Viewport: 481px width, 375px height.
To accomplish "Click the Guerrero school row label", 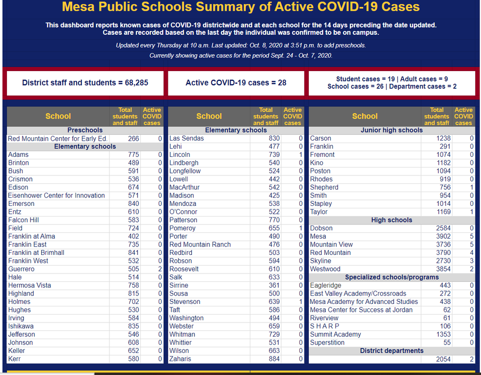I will click(x=21, y=269).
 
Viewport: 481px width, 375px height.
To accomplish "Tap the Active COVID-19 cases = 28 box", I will click(x=236, y=83).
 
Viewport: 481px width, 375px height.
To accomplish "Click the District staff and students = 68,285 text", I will click(x=85, y=83).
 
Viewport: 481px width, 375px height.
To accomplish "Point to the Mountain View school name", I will click(x=331, y=245).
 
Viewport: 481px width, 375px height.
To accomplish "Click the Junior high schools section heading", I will click(x=391, y=130).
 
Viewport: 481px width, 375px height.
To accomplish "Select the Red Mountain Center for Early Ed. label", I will click(x=57, y=139).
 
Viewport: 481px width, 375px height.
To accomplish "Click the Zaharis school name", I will click(x=180, y=359).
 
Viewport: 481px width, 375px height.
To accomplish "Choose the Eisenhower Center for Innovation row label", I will click(x=56, y=196).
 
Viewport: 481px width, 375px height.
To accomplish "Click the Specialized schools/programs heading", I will click(x=391, y=277).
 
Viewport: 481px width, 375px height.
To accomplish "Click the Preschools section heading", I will click(x=85, y=130).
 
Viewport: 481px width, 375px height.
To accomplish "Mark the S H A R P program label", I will click(x=324, y=326).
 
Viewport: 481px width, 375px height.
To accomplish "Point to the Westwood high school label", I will click(x=325, y=269).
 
